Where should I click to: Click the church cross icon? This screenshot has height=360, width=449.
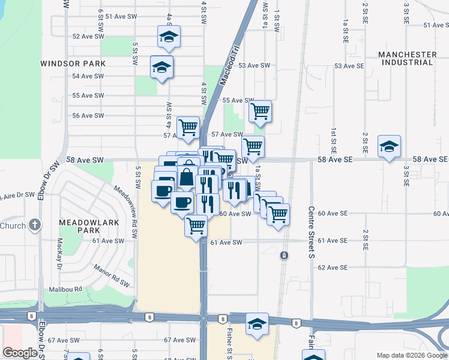pos(35,226)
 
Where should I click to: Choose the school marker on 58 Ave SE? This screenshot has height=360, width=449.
pos(389,146)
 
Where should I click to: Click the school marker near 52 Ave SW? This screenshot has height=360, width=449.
pos(169,37)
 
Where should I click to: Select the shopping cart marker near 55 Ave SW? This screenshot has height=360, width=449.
pos(260,110)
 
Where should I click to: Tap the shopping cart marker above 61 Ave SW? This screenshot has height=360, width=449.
pos(196,226)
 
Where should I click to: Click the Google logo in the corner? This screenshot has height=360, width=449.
pos(20,352)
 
